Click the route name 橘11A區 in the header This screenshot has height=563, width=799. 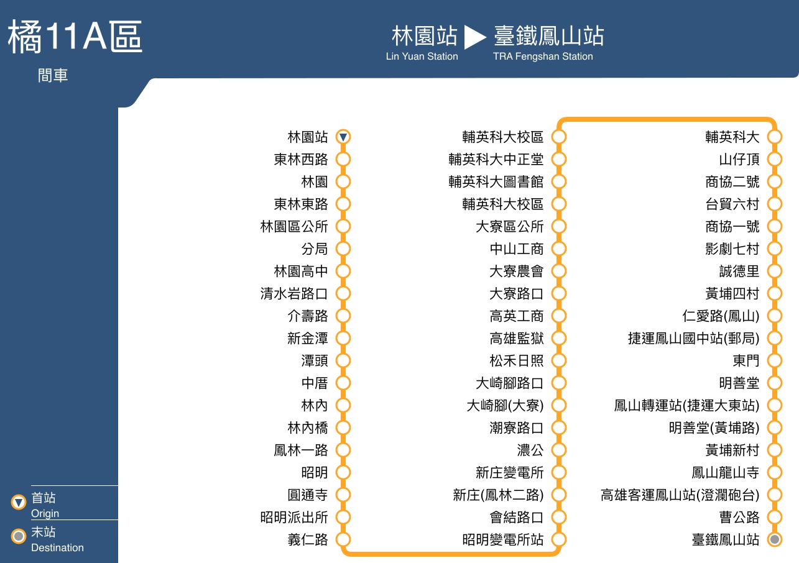coord(75,37)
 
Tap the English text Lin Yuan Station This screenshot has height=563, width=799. coord(422,57)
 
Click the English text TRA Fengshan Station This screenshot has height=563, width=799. coord(543,57)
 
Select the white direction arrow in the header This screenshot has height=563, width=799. coord(475,37)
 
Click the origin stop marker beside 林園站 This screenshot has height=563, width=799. coord(343,137)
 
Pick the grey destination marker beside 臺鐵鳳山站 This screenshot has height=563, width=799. coord(775,539)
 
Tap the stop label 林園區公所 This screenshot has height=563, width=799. coord(294,226)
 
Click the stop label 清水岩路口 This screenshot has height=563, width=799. coord(294,294)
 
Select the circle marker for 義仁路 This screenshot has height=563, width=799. coord(343,539)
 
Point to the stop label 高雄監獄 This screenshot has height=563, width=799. coord(517,339)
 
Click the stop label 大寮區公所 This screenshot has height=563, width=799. coord(510,226)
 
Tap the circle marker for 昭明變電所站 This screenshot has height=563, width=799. coord(559,539)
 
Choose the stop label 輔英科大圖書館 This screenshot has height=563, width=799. coord(496,182)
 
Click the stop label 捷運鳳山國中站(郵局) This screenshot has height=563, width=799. coord(694,339)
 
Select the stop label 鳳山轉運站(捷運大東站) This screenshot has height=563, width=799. coord(686,405)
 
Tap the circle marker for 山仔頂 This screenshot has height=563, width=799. coord(775,159)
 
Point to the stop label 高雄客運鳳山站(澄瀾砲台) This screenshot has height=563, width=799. coord(680,495)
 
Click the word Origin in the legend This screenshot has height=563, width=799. coord(45,513)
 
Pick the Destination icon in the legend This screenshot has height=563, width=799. coord(19,536)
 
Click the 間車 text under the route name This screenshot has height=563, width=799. coord(53,76)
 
